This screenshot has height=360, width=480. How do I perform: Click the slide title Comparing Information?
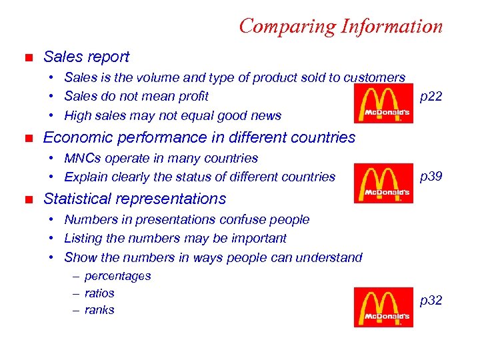tap(340, 26)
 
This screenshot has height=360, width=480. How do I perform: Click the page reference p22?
tap(431, 97)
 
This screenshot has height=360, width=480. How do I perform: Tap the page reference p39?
tap(431, 177)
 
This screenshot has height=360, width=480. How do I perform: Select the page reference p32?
tap(431, 301)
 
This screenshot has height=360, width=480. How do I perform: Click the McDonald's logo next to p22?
tap(383, 104)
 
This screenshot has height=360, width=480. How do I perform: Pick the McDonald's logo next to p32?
tap(383, 307)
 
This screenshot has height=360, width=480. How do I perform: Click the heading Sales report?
tap(86, 57)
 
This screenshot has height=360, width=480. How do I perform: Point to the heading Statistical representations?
tap(134, 199)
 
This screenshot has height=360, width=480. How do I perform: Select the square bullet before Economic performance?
tap(27, 138)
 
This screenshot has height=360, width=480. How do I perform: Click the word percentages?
tap(118, 276)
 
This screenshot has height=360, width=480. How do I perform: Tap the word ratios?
tap(99, 293)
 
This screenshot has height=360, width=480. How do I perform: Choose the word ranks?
tap(99, 310)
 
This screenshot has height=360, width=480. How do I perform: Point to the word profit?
tap(193, 97)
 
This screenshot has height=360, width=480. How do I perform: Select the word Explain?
tap(85, 177)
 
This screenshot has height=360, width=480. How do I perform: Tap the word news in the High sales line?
tap(265, 115)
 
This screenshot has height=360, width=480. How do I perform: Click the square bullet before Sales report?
tap(27, 58)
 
